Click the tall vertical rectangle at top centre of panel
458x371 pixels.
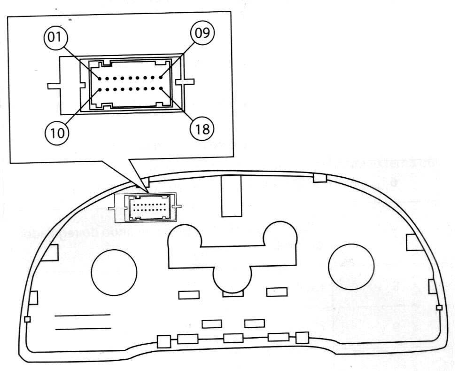232,196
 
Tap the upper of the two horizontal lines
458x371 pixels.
82,315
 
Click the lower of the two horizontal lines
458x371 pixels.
82,329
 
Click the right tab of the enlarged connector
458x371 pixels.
185,82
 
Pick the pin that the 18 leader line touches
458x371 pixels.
161,88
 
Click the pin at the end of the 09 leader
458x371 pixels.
161,77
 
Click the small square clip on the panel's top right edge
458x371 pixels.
320,177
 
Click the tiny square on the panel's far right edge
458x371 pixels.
439,308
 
